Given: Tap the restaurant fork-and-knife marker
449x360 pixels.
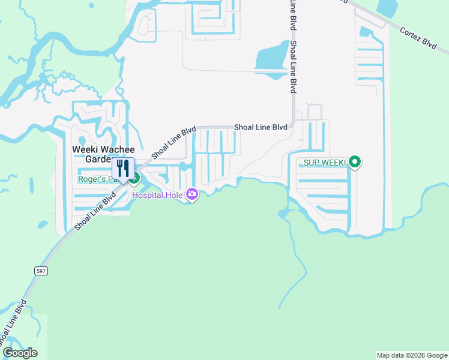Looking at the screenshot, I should [x=123, y=169].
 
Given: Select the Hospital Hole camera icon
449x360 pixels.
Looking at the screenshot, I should [x=192, y=194].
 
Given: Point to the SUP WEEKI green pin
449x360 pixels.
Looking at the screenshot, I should [x=355, y=161].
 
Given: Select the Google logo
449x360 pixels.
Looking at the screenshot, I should [x=20, y=353].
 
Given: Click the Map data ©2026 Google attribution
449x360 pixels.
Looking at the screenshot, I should [x=412, y=355].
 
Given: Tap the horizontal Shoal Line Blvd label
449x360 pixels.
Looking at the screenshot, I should [x=261, y=127].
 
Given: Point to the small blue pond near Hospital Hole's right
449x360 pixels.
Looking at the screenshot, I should [x=283, y=212].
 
